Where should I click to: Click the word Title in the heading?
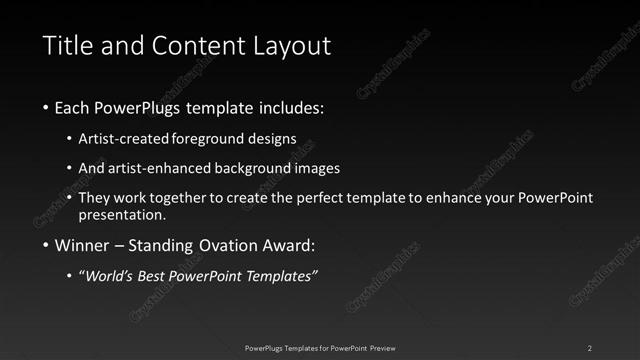66,46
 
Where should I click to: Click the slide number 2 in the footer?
590,347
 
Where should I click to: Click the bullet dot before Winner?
46,246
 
